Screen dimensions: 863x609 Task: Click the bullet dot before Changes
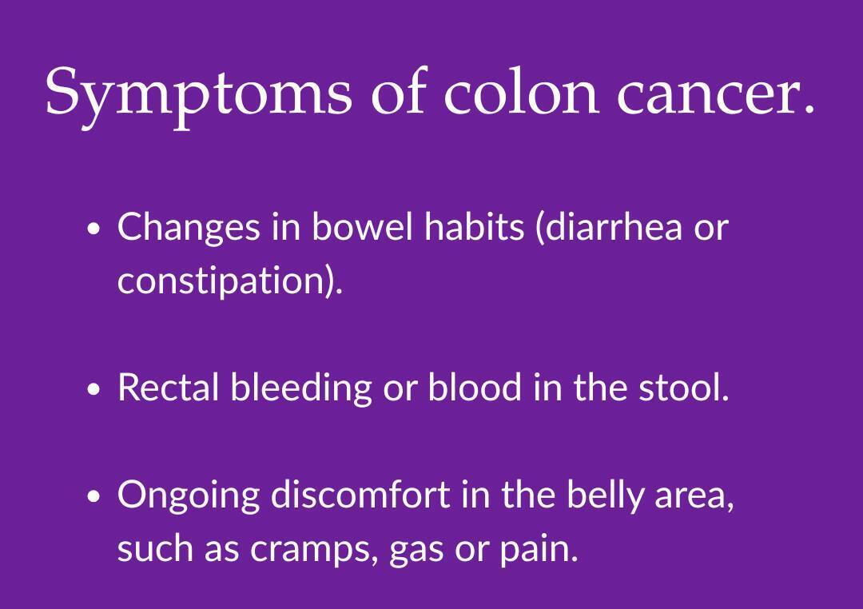click(94, 229)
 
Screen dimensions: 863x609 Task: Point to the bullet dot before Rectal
click(94, 388)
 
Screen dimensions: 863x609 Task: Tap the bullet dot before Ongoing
click(94, 496)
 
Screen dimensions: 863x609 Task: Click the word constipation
click(221, 281)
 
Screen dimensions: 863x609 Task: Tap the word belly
click(604, 496)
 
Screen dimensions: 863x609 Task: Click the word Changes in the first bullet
click(189, 228)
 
